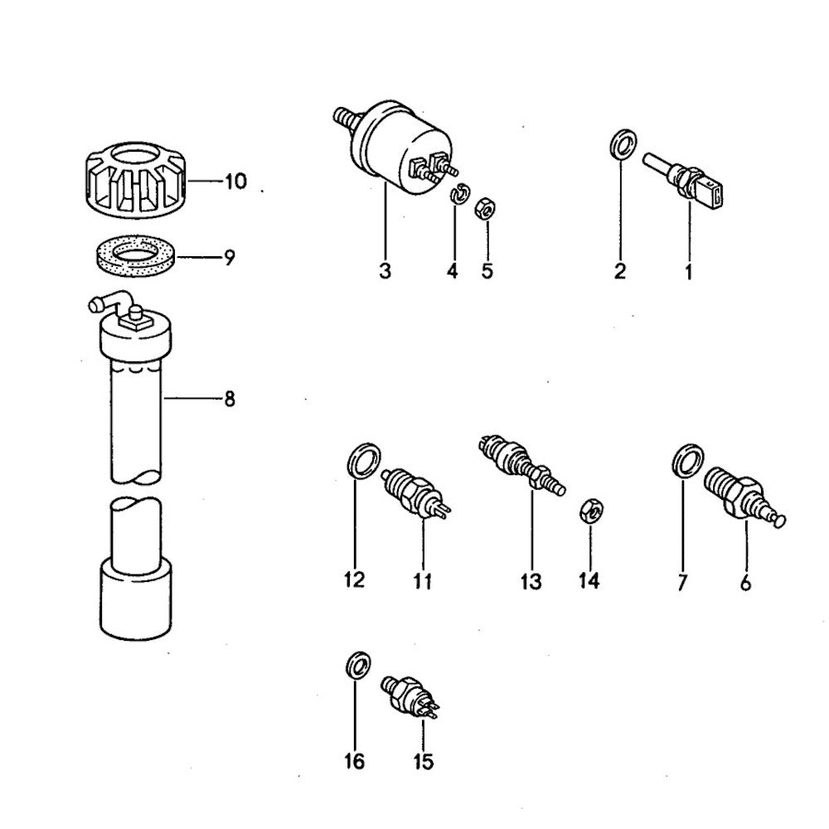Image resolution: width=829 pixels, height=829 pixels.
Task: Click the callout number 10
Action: point(235,182)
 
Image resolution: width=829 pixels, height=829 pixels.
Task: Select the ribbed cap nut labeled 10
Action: point(137,181)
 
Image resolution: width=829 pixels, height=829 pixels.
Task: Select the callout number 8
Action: point(230,400)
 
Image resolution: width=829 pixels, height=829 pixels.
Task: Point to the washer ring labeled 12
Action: point(364,461)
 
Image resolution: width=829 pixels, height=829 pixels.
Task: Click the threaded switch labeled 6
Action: point(744,496)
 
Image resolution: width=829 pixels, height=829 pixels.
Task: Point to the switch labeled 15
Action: point(410,697)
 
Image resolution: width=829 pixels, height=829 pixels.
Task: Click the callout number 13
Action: point(531,582)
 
